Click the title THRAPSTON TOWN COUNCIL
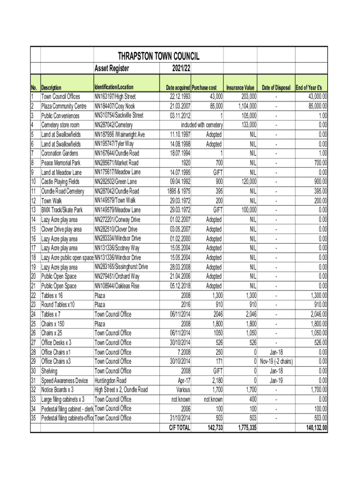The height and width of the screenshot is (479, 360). click(x=158, y=57)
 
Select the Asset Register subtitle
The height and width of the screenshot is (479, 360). click(x=112, y=69)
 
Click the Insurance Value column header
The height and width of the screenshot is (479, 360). click(x=240, y=87)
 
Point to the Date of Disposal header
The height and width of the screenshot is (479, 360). click(x=276, y=87)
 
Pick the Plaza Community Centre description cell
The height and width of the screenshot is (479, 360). click(x=64, y=106)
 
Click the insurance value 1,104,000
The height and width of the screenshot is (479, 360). click(x=244, y=106)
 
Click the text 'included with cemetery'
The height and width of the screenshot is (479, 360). click(x=202, y=125)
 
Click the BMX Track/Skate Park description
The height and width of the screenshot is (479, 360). click(x=62, y=210)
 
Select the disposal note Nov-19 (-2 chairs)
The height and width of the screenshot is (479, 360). click(x=276, y=362)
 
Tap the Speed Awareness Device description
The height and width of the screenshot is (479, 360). click(x=65, y=380)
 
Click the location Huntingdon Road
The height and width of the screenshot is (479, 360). click(x=110, y=380)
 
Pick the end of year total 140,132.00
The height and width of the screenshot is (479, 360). click(x=311, y=428)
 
